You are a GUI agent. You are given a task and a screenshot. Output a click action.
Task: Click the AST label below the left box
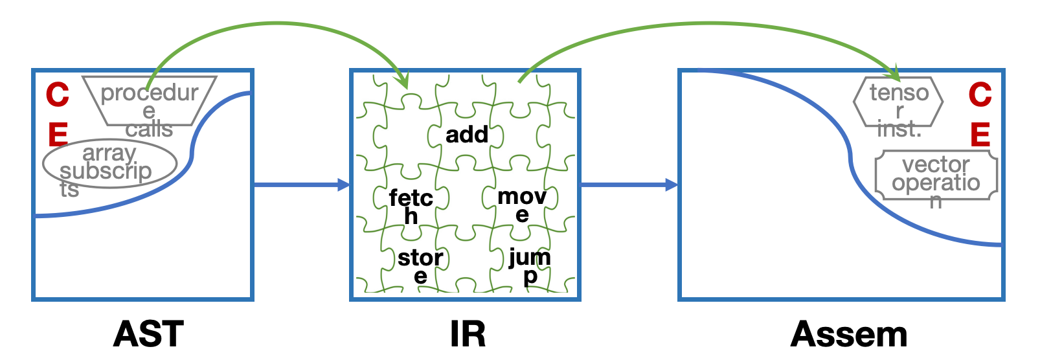pyautogui.click(x=148, y=334)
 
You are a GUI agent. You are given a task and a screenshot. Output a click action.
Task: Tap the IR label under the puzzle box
pyautogui.click(x=468, y=334)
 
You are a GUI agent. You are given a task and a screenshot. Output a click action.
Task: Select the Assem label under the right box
pyautogui.click(x=849, y=334)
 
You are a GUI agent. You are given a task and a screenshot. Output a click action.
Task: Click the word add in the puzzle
pyautogui.click(x=467, y=135)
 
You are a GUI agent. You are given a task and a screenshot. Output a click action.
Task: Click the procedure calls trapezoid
pyautogui.click(x=150, y=101)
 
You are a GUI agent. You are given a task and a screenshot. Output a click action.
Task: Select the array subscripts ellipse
pyautogui.click(x=109, y=164)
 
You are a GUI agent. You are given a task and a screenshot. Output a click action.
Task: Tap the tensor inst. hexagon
pyautogui.click(x=899, y=102)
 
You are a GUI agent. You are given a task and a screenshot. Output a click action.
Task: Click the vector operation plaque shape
pyautogui.click(x=936, y=175)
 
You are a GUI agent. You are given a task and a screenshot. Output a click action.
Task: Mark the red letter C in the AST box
pyautogui.click(x=58, y=95)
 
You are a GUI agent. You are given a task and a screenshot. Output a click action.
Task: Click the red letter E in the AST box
pyautogui.click(x=58, y=135)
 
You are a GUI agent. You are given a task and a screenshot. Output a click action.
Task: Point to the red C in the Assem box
pyautogui.click(x=980, y=95)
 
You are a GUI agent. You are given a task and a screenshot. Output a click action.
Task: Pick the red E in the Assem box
pyautogui.click(x=980, y=135)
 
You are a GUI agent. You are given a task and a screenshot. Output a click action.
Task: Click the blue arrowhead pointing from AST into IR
pyautogui.click(x=343, y=185)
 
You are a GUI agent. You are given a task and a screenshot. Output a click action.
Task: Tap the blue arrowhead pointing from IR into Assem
pyautogui.click(x=671, y=185)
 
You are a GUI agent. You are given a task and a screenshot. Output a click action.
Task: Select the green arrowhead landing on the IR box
pyautogui.click(x=404, y=82)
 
